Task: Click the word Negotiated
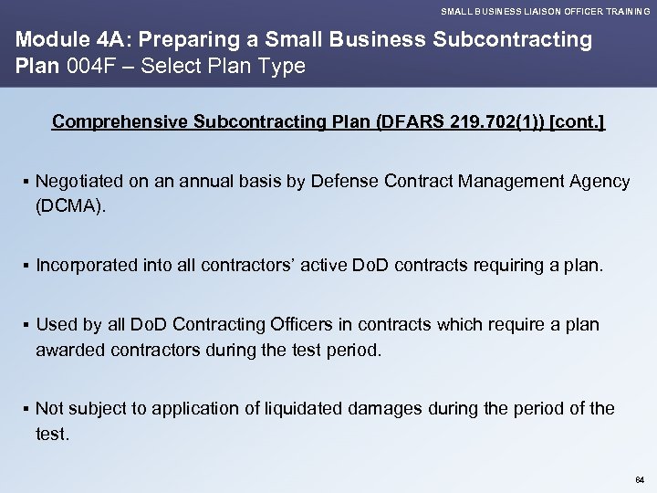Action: pyautogui.click(x=78, y=182)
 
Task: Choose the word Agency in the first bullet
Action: pyautogui.click(x=599, y=182)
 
